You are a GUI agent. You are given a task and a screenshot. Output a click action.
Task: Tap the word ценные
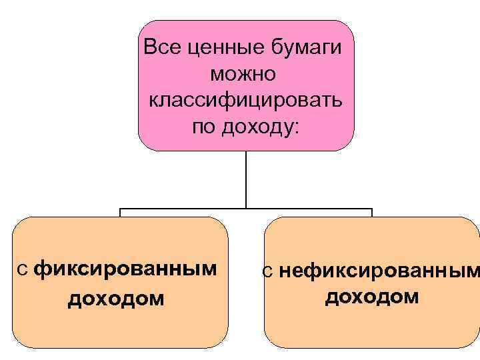(214, 48)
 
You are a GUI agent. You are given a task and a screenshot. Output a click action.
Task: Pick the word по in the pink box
(202, 126)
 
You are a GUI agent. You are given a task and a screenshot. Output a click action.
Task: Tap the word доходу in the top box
(254, 127)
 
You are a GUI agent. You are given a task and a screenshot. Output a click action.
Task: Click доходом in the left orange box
(115, 298)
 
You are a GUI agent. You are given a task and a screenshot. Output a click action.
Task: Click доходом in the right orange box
(372, 295)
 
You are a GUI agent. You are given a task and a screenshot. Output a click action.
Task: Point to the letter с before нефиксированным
(267, 271)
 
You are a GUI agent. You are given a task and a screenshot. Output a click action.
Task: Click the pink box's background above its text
(246, 29)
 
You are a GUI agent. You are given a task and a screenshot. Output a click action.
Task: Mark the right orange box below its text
(371, 328)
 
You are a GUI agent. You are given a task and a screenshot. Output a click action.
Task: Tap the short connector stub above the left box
(120, 213)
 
